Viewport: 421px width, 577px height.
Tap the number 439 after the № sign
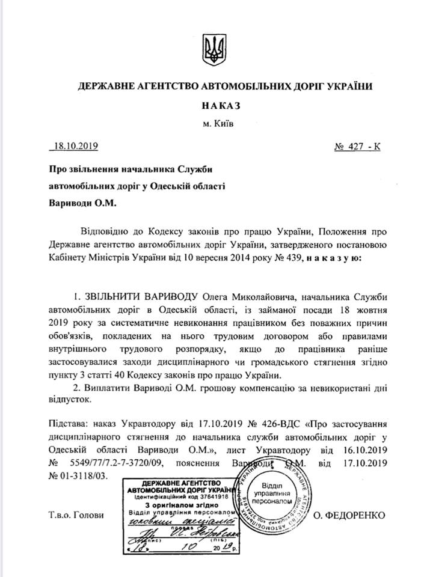295,258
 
